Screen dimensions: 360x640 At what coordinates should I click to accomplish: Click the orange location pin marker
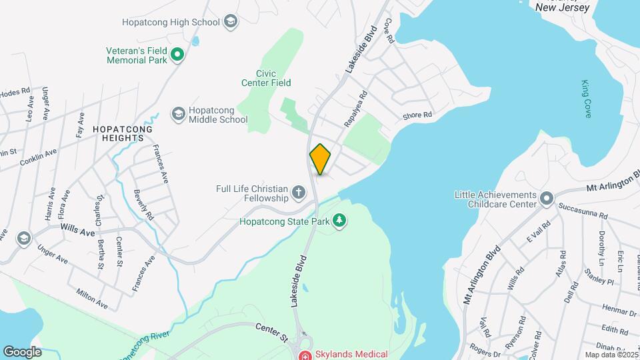321,159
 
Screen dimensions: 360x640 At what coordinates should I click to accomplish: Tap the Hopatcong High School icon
231,22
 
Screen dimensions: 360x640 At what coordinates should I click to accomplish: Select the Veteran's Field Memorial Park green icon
177,55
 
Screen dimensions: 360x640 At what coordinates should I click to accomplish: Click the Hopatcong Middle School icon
178,114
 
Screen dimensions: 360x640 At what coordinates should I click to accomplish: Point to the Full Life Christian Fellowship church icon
299,194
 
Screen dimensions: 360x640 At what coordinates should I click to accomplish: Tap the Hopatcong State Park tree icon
339,220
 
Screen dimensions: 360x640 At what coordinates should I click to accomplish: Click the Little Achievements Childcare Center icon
547,199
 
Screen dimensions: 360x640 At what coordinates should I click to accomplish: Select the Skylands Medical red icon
305,355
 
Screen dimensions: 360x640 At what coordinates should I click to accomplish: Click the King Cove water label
586,99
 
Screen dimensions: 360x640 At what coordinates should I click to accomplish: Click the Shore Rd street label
417,115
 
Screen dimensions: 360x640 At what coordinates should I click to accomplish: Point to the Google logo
22,351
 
